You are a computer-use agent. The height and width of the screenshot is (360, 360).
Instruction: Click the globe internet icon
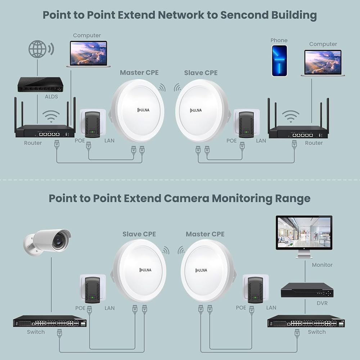pos(38,49)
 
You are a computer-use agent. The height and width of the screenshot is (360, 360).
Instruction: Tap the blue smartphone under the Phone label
pos(279,61)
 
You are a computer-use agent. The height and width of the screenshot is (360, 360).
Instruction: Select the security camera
pos(47,242)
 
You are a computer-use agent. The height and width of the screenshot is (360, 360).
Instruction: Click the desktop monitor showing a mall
pos(304,237)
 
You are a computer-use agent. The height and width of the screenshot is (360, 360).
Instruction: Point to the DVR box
pos(307,290)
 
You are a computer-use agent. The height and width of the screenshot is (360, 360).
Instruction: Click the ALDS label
pos(51,96)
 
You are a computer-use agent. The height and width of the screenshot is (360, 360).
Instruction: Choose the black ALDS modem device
pos(40,85)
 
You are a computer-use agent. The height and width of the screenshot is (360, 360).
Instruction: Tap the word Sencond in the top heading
pos(244,15)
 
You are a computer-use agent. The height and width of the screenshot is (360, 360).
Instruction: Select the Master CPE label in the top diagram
pos(139,73)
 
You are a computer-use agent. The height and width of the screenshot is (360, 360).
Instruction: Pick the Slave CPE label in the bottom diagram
pos(139,234)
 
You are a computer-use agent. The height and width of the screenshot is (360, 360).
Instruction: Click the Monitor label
pos(322,265)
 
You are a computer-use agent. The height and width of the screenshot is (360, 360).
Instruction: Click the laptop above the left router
pos(89,54)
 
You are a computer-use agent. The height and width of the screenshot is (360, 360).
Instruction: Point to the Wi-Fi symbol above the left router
pos(51,116)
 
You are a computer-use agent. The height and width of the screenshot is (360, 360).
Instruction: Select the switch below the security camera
pos(50,321)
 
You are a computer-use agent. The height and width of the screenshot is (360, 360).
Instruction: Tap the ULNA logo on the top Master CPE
pos(143,110)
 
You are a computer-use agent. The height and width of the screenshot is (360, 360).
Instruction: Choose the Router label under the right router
pos(314,143)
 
